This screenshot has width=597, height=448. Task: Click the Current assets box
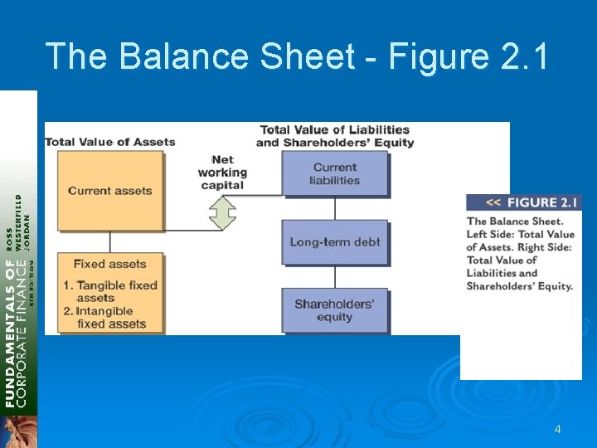pos(110,191)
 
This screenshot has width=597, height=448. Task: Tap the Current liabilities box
pos(335,173)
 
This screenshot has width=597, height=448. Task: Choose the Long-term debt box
pos(335,242)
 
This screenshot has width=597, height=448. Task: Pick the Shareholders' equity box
pos(335,309)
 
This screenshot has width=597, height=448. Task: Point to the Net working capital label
pos(222,173)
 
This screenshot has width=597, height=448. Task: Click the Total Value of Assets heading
pos(110,141)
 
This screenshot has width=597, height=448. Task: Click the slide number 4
pos(557,429)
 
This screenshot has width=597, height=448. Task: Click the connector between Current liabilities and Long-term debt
pos(335,207)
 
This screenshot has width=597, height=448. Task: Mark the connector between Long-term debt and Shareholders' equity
pos(335,276)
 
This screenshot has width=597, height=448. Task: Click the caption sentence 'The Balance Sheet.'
pos(515,221)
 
